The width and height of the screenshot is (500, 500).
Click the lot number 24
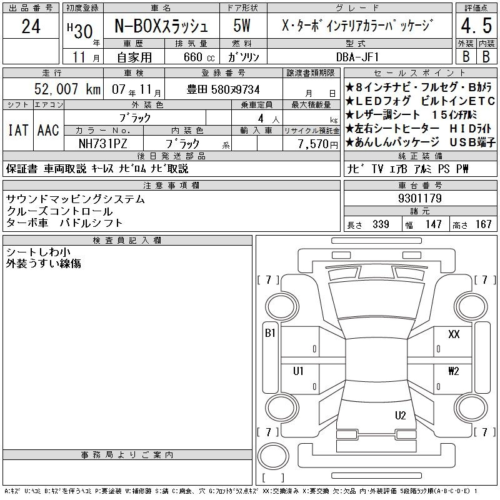click(31, 26)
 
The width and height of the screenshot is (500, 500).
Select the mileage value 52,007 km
click(67, 89)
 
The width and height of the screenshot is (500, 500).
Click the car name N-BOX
click(138, 26)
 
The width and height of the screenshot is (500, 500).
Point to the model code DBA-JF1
click(357, 57)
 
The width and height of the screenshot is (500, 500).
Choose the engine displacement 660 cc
click(199, 57)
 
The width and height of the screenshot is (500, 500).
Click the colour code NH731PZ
click(103, 144)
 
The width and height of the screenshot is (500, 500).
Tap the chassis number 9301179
click(420, 198)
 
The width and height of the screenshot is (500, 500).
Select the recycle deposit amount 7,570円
click(317, 144)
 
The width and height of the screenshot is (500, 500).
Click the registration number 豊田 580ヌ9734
click(223, 89)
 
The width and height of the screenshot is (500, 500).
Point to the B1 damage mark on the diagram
click(270, 333)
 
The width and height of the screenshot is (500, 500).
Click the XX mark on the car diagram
click(454, 334)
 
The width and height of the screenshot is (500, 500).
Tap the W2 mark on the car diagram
click(454, 371)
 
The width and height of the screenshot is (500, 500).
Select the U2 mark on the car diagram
click(400, 415)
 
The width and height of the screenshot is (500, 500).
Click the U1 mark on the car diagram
click(298, 371)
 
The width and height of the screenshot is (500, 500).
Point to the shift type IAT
click(18, 130)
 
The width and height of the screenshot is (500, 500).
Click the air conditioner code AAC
click(48, 130)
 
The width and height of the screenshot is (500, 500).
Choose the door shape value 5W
click(242, 26)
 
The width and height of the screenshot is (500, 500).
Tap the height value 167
click(483, 224)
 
